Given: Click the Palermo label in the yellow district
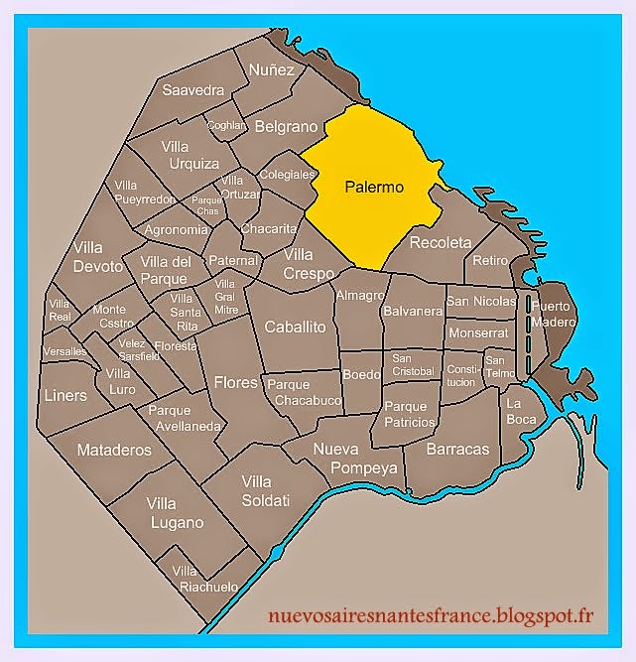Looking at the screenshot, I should [x=374, y=186].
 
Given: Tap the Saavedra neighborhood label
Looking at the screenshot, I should [x=193, y=90].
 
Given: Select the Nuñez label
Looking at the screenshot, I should [x=272, y=70].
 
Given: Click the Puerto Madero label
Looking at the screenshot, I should [x=552, y=315].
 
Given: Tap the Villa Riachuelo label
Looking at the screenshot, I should [x=204, y=579].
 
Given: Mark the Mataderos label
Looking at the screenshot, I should [x=114, y=450].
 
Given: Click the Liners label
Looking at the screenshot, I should [x=66, y=395].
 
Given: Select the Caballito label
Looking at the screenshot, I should [x=295, y=327].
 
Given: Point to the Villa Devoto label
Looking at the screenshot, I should [x=98, y=257].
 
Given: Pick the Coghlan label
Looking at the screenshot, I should [x=226, y=125].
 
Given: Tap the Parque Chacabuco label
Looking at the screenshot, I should [x=305, y=393].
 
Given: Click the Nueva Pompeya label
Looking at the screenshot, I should [x=355, y=458].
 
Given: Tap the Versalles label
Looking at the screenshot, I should [x=64, y=352].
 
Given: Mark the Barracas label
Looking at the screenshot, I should [x=457, y=449].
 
